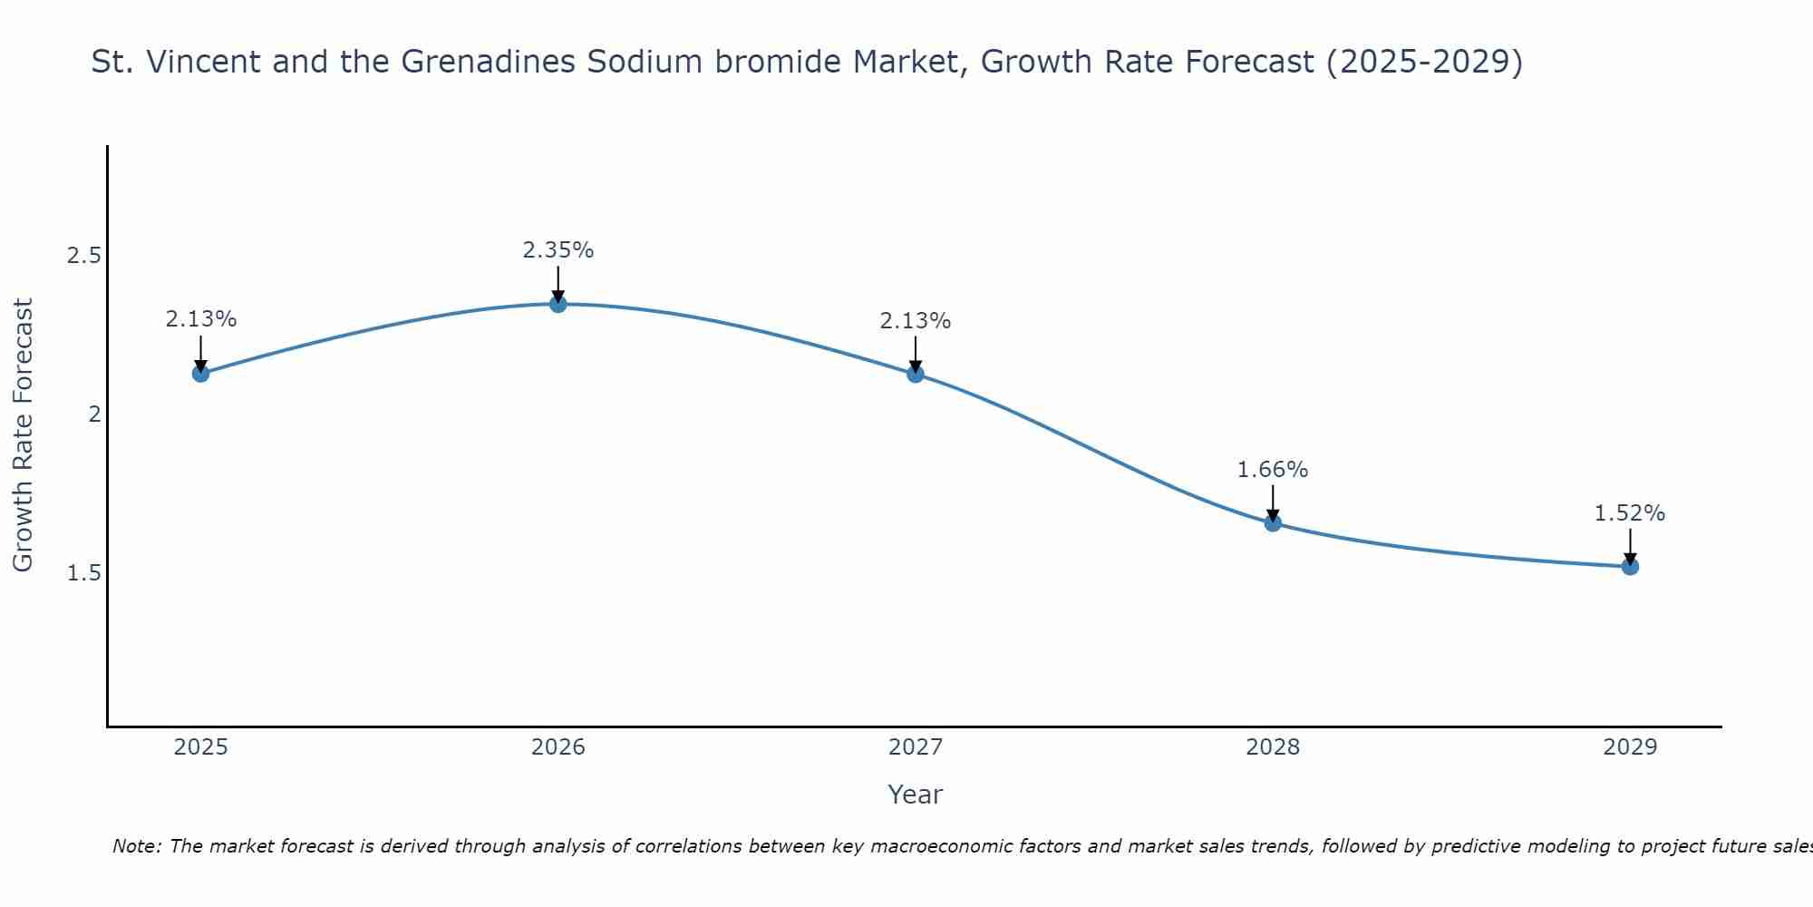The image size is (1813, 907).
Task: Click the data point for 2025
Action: pos(200,373)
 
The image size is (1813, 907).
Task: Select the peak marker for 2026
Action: pos(558,304)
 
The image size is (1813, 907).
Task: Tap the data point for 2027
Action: pos(916,374)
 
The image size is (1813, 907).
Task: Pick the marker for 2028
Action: pos(1273,522)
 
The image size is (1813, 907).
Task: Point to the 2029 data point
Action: pos(1630,567)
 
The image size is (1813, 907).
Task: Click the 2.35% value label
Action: pos(558,250)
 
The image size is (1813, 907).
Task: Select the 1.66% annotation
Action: pos(1273,470)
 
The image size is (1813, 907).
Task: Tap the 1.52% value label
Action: pos(1630,513)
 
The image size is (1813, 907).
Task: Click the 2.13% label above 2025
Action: pos(200,319)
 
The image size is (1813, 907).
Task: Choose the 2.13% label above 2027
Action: pos(916,321)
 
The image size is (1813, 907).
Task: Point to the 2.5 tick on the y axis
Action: pos(83,256)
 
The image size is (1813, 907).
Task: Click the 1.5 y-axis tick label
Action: pos(83,573)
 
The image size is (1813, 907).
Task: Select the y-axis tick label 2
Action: pos(93,414)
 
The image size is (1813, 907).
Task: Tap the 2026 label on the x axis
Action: pos(558,747)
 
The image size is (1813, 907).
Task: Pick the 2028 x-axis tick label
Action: pos(1273,747)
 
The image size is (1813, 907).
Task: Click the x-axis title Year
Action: pos(916,795)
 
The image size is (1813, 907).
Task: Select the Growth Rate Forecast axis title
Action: pos(23,435)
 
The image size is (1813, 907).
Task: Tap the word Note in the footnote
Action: pos(136,846)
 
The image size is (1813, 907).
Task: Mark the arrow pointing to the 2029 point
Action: pos(1630,547)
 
